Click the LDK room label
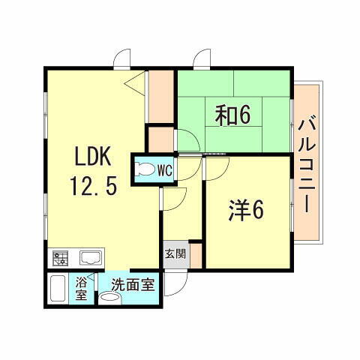tap(93, 157)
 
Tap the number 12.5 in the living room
tap(94, 184)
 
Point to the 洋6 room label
tap(246, 211)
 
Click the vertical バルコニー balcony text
tap(306, 163)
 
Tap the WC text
tap(164, 170)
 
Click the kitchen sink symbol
tap(88, 259)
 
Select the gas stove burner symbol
tap(60, 259)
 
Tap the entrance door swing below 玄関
tap(176, 281)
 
